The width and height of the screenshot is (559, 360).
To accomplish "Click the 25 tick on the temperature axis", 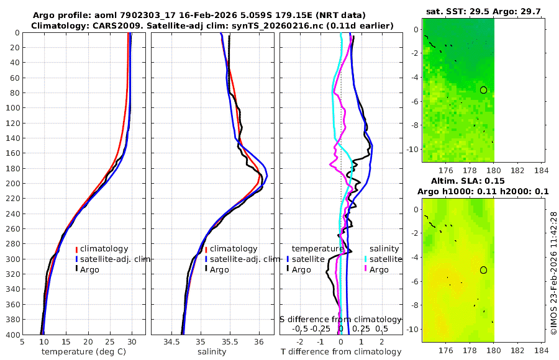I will click(110, 341).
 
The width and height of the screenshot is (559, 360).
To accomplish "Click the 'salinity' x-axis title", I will click(212, 352).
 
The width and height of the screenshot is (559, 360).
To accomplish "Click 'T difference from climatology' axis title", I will click(341, 352).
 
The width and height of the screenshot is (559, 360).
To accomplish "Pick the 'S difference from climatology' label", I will click(341, 318).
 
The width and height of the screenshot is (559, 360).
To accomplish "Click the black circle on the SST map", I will click(483, 90).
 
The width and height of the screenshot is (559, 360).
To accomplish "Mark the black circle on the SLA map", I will click(483, 270).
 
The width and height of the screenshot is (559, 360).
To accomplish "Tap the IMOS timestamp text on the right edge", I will click(553, 273).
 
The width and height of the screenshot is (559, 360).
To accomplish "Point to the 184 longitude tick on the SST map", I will click(541, 171).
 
